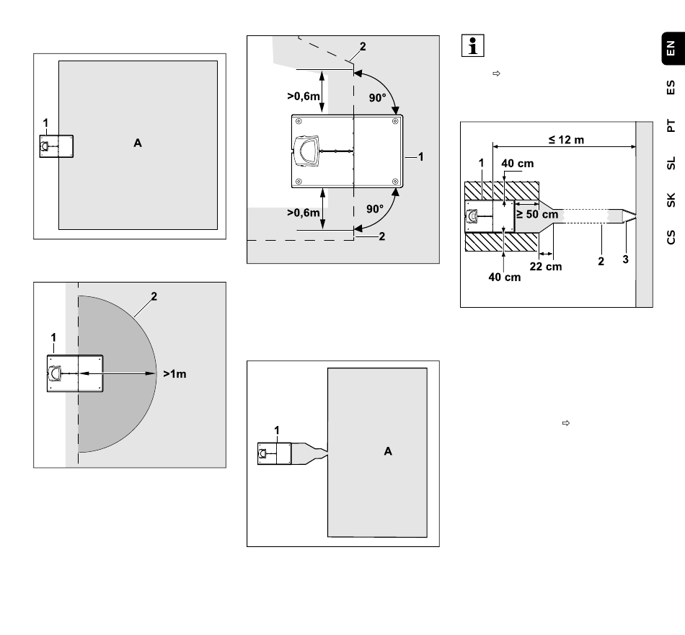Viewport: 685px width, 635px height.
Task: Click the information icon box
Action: pos(473,45)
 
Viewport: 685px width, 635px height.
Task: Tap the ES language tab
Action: pos(671,87)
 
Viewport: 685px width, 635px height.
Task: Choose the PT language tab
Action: pos(671,125)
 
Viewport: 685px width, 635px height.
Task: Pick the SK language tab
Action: pos(671,200)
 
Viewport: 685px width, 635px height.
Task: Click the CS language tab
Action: pos(671,237)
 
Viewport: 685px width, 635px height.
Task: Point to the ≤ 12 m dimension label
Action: pos(566,140)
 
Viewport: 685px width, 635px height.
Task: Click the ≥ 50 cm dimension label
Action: pos(537,214)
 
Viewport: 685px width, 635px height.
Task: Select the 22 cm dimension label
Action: pos(546,267)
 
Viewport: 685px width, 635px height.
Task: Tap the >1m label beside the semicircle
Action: pos(174,374)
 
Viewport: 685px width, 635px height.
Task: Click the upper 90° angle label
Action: pos(377,98)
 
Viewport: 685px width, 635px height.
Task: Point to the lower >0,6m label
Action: pos(303,213)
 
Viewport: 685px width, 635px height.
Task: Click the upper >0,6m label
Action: pos(303,96)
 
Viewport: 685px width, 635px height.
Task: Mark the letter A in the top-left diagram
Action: pos(138,143)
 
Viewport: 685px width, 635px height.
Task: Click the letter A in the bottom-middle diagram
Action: pos(388,451)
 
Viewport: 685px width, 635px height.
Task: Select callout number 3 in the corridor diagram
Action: pos(625,259)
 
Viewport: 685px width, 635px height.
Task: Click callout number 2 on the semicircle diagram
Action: pos(154,296)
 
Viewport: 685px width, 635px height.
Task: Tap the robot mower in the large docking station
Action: pos(307,151)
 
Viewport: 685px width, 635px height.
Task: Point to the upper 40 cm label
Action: pos(517,164)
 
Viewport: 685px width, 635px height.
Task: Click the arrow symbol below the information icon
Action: pos(496,74)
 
